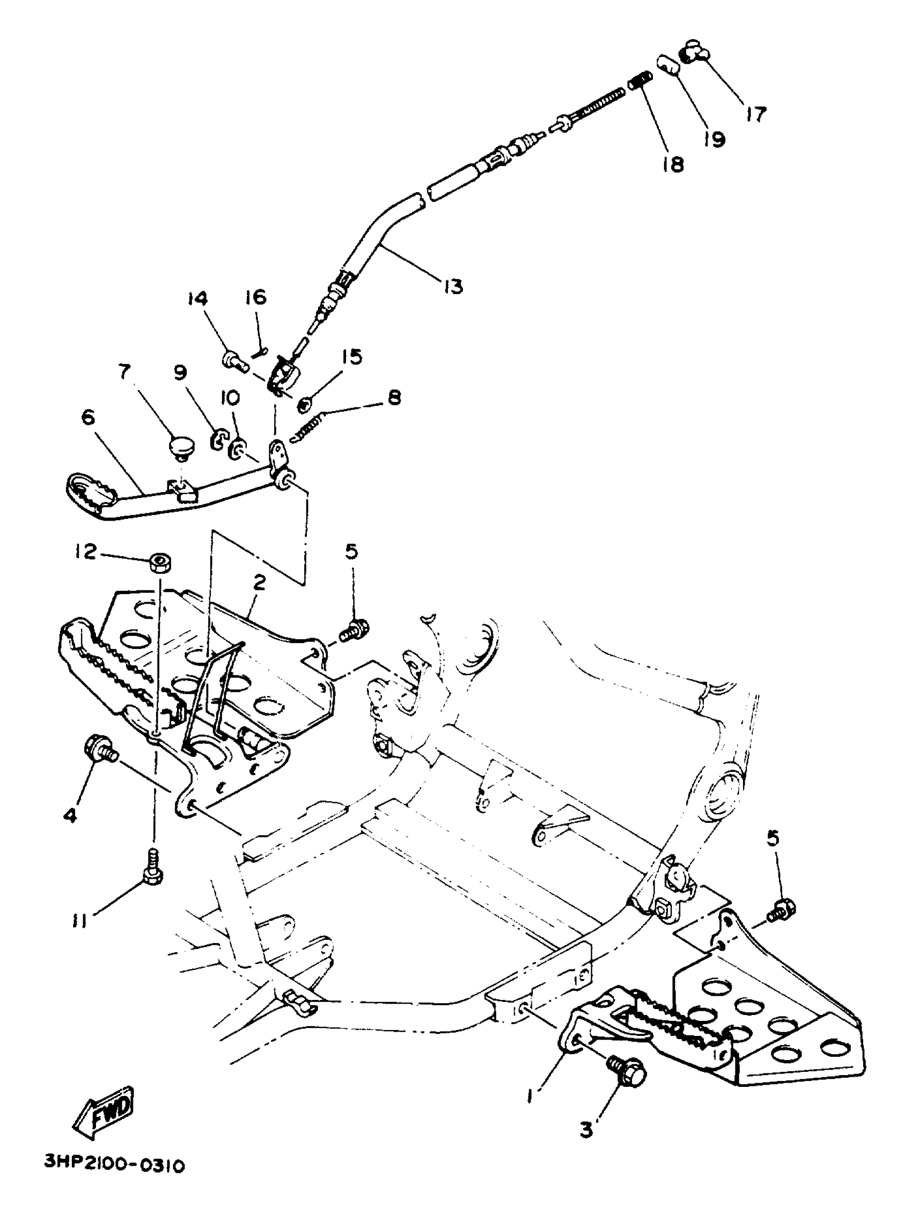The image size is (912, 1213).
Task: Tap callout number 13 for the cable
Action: click(453, 286)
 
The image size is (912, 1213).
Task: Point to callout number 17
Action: click(756, 114)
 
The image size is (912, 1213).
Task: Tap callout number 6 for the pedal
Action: click(87, 418)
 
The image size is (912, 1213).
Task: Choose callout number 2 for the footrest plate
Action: click(259, 582)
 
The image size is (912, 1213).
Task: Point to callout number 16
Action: click(255, 297)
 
